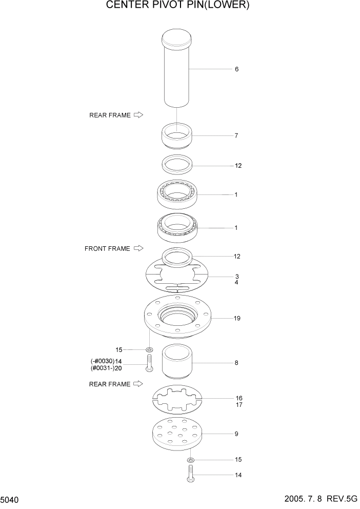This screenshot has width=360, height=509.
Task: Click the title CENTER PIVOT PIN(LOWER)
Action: click(x=177, y=6)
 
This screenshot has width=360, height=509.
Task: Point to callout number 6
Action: click(x=236, y=69)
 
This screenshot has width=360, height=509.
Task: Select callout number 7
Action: click(x=236, y=136)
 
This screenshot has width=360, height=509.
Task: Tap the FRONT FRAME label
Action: click(x=107, y=249)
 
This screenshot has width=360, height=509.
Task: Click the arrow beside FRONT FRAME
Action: click(x=138, y=249)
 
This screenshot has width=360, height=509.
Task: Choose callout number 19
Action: click(x=237, y=319)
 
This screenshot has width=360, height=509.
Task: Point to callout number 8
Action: click(x=236, y=363)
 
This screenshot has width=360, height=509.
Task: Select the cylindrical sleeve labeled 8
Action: click(x=177, y=363)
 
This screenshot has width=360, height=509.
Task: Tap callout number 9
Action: click(x=236, y=434)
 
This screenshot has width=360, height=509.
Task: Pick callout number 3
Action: click(x=237, y=277)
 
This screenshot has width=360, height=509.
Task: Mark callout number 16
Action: click(x=238, y=398)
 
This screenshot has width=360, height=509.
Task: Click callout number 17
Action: click(x=238, y=405)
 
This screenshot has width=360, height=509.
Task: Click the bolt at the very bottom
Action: click(x=190, y=474)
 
